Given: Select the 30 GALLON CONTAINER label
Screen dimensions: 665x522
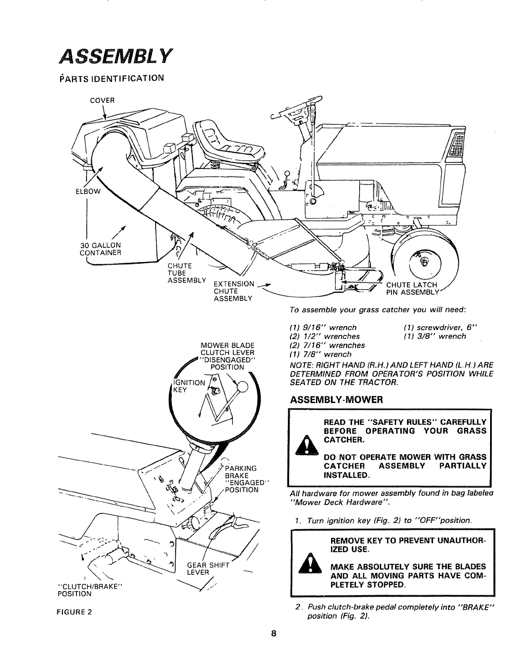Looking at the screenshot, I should point(100,249).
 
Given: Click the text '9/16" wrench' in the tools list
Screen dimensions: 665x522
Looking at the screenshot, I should point(323,327).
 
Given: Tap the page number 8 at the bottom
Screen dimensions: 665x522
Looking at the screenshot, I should point(273,645).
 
